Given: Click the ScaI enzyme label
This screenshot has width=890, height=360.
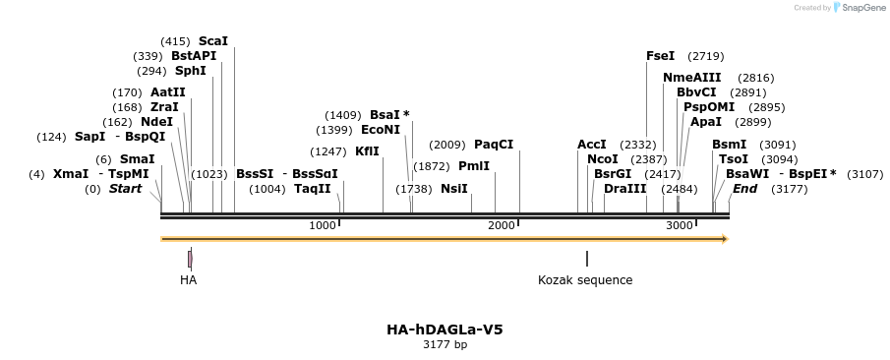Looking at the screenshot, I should coord(213,41).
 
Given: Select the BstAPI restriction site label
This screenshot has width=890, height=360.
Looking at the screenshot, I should coord(194,56).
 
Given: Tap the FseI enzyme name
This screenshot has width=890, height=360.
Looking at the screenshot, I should coord(661,56).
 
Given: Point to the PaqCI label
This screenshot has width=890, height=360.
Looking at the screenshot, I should coord(494,145).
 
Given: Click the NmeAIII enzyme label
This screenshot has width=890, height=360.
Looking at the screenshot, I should coord(691,78).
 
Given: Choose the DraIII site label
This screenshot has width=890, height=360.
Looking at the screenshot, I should coord(625,188).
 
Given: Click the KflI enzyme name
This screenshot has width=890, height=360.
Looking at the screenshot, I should coord(367,151).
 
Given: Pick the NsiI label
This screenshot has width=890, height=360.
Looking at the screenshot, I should coord(454,188).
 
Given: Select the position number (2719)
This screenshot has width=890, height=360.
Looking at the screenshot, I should coord(706,56).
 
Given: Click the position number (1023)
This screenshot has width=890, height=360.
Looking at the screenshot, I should coord(208,173).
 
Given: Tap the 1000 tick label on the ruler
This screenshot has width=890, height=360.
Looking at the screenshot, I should coord(323,226).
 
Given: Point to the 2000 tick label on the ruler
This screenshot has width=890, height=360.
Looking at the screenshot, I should coord(502,226).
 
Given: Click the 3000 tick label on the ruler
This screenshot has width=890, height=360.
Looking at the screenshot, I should coord(680,226).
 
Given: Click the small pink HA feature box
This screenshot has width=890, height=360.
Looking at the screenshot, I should coord(190,259).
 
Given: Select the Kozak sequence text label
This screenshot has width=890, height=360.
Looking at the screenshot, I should coord(585,280).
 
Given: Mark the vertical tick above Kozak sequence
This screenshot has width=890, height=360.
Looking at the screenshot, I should coord(587,259).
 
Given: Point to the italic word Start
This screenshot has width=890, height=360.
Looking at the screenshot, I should coord(125,188).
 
